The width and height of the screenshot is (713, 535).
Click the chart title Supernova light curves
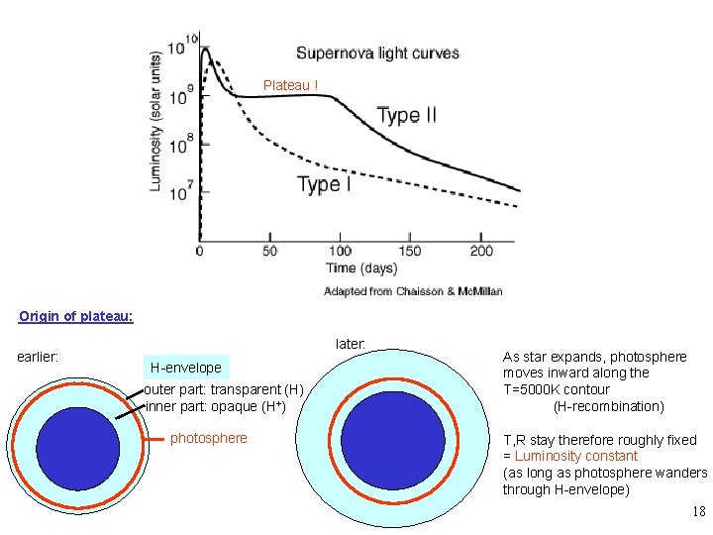[377, 53]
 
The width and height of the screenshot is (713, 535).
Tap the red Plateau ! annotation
[290, 85]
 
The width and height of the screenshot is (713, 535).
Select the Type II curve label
[406, 116]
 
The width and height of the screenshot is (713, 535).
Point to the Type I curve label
[324, 184]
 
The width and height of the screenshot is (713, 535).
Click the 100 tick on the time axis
[340, 252]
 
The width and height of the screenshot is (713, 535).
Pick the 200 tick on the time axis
[481, 252]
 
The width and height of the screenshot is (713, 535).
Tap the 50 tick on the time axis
[269, 252]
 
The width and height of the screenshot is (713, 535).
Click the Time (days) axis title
[361, 268]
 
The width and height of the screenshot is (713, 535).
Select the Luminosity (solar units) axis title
[156, 122]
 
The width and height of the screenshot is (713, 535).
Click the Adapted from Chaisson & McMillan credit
[413, 291]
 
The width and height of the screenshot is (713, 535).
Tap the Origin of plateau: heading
[76, 317]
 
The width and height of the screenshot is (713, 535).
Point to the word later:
[351, 344]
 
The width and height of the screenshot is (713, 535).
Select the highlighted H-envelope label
[186, 368]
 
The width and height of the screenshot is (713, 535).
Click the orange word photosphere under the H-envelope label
[209, 438]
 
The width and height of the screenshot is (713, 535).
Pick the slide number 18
[698, 512]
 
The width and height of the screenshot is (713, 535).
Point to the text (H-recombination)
[609, 406]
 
